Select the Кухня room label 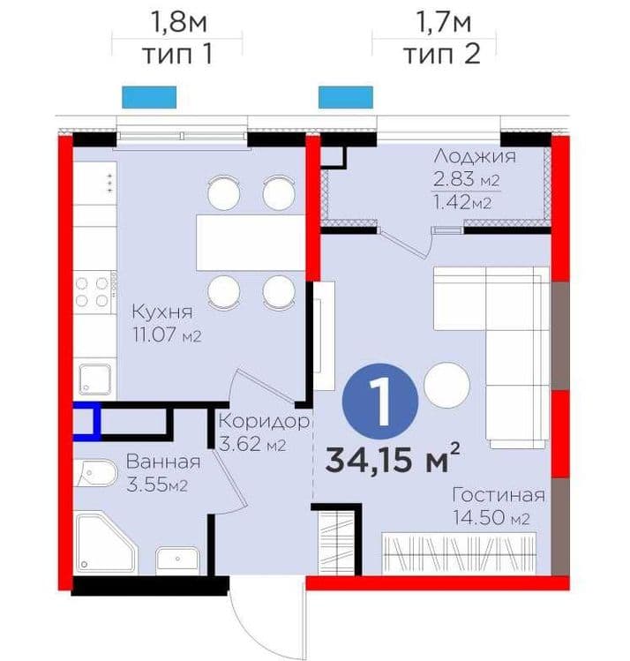(x=162, y=312)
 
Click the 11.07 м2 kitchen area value (x=167, y=335)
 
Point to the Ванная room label (x=163, y=462)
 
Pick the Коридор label (x=264, y=422)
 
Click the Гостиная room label (x=499, y=495)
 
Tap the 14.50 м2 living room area (x=491, y=517)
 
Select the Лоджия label (x=475, y=156)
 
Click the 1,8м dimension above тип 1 (x=178, y=22)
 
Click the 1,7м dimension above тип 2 (x=443, y=22)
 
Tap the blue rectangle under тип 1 (x=149, y=97)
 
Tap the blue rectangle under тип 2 (x=346, y=97)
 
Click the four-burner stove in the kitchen (x=92, y=292)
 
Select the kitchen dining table (x=251, y=243)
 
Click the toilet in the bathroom (x=95, y=473)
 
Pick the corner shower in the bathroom (x=106, y=542)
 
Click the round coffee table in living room (x=446, y=386)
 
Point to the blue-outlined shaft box (x=87, y=421)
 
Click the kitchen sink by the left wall (x=95, y=379)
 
